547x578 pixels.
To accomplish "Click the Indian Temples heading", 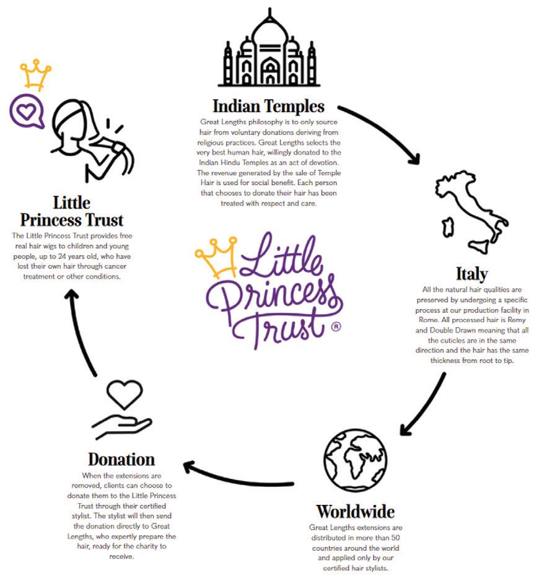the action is (268, 106).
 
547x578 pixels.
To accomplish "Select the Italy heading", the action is (471, 273).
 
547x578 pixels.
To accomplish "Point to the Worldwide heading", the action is (355, 512).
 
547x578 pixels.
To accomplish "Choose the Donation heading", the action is (121, 459).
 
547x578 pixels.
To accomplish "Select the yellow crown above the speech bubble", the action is (35, 74).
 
